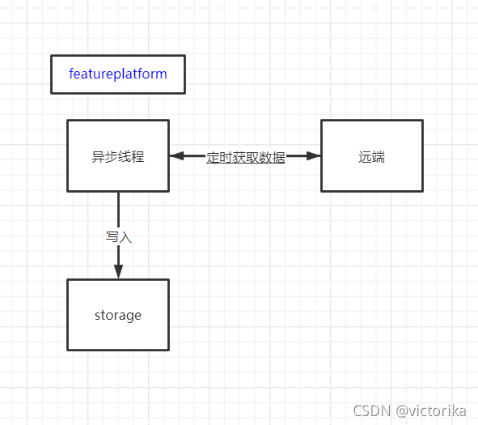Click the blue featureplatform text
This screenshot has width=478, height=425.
(x=118, y=74)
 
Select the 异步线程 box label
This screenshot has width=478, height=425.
(x=118, y=156)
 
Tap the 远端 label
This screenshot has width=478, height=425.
(x=371, y=157)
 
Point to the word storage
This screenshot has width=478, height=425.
(x=118, y=316)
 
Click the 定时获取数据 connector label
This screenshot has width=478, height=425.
(x=246, y=157)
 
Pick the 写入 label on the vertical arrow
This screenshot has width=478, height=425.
(x=119, y=237)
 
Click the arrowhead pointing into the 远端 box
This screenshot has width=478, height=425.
(x=313, y=156)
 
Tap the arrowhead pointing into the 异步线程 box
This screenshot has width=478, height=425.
(x=177, y=156)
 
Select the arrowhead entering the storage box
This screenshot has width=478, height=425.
(x=118, y=272)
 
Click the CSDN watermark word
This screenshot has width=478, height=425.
(x=371, y=411)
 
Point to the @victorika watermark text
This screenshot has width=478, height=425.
(x=431, y=411)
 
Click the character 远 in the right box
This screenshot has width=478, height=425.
(x=365, y=157)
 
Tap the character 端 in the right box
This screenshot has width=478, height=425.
(x=379, y=157)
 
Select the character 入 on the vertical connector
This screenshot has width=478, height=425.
(x=125, y=237)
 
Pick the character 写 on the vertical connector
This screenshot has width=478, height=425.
(x=112, y=237)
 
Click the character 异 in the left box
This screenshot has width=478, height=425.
(x=98, y=156)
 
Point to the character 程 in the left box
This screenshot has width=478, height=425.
(x=137, y=156)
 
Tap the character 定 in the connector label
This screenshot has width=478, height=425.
(x=213, y=157)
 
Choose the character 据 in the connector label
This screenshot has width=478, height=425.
(x=279, y=157)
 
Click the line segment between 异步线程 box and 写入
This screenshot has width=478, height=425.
(x=118, y=210)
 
